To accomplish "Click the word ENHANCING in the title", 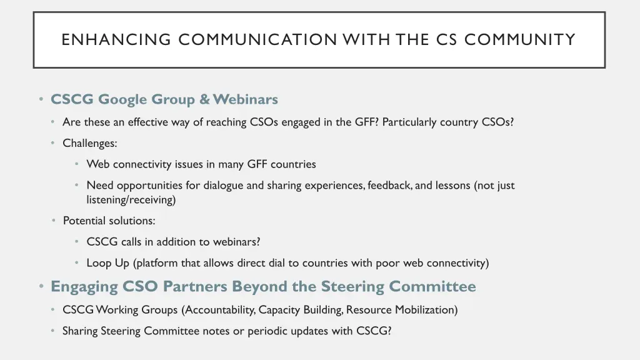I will click(x=116, y=40).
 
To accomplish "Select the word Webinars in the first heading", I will click(x=245, y=99).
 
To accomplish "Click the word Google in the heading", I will click(x=123, y=99).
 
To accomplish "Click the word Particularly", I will click(x=409, y=122).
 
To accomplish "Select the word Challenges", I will click(x=89, y=143).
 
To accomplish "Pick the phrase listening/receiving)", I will click(x=131, y=200).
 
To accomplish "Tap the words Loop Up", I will click(x=108, y=263).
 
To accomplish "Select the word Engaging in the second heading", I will click(x=84, y=287).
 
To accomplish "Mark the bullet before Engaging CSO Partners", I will click(x=41, y=286).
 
